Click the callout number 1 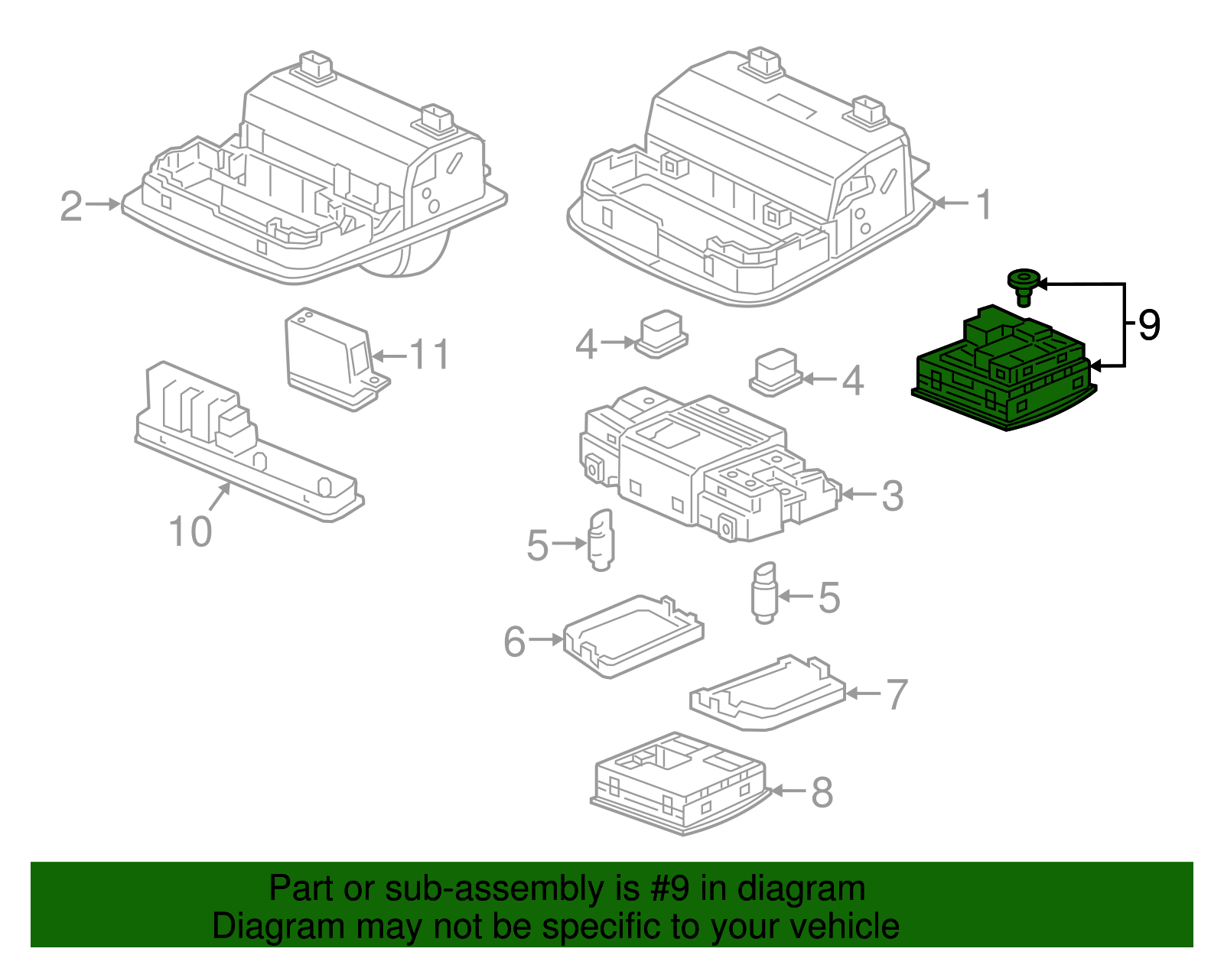[985, 204]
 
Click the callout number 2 [71, 206]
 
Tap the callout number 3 [892, 495]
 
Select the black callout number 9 [1149, 325]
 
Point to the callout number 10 [190, 531]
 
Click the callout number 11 [430, 355]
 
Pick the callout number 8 [822, 792]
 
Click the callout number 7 [897, 694]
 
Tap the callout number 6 [515, 641]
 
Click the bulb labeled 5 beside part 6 [601, 541]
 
